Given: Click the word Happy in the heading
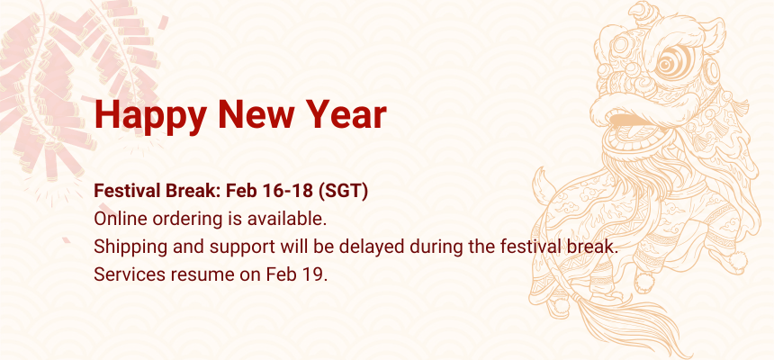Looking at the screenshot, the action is (150, 116).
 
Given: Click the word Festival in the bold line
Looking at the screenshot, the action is (126, 191).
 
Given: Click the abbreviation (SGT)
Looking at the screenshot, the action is (343, 191).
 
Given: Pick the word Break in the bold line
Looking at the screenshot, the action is (192, 191).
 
